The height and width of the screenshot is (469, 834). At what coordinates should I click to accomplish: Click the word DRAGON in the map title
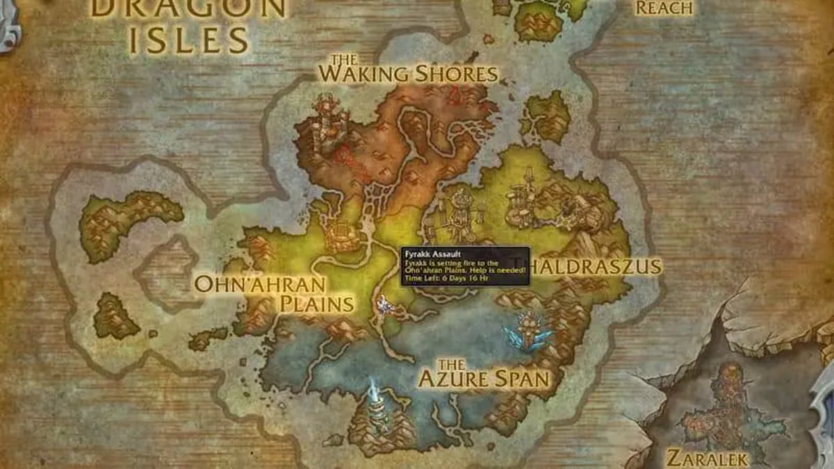(x=188, y=8)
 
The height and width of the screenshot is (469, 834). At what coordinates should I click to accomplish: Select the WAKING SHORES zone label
(x=409, y=72)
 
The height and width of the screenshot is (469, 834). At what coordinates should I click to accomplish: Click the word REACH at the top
(x=664, y=8)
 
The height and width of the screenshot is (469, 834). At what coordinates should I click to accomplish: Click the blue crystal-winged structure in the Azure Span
(x=530, y=332)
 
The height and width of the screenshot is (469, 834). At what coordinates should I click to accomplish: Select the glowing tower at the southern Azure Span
(x=376, y=406)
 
